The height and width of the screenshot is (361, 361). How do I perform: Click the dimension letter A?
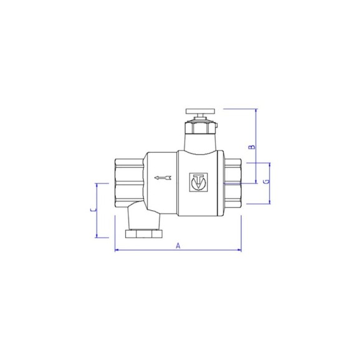tap(178, 246)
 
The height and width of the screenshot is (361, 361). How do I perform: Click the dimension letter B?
tap(253, 147)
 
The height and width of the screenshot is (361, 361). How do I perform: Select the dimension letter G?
tap(267, 181)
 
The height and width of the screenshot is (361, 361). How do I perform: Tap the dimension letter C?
tap(94, 209)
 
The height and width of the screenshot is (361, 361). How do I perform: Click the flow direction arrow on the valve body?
tap(163, 178)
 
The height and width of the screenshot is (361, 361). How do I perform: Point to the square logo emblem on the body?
tap(198, 182)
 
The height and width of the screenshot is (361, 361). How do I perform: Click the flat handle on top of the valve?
tap(201, 111)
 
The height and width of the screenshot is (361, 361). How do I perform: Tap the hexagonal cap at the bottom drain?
tap(144, 234)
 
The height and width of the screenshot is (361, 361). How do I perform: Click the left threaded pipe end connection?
tap(129, 183)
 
